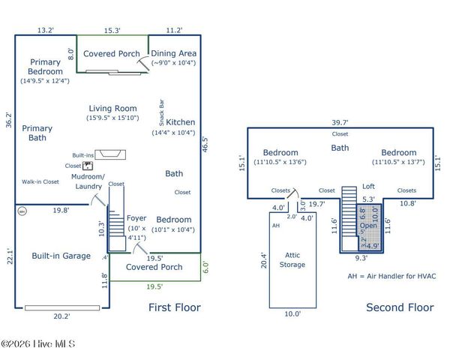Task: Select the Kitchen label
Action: click(180, 122)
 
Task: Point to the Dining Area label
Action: click(174, 54)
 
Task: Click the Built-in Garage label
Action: click(61, 256)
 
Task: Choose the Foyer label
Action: click(135, 219)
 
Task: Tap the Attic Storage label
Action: click(292, 259)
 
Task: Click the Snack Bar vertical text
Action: click(161, 112)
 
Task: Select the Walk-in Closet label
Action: click(40, 181)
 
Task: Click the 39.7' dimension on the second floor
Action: click(341, 122)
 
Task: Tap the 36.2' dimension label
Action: click(9, 120)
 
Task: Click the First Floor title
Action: click(174, 307)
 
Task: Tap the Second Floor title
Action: click(400, 307)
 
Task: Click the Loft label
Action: click(368, 187)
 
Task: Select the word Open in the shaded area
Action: click(368, 225)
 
